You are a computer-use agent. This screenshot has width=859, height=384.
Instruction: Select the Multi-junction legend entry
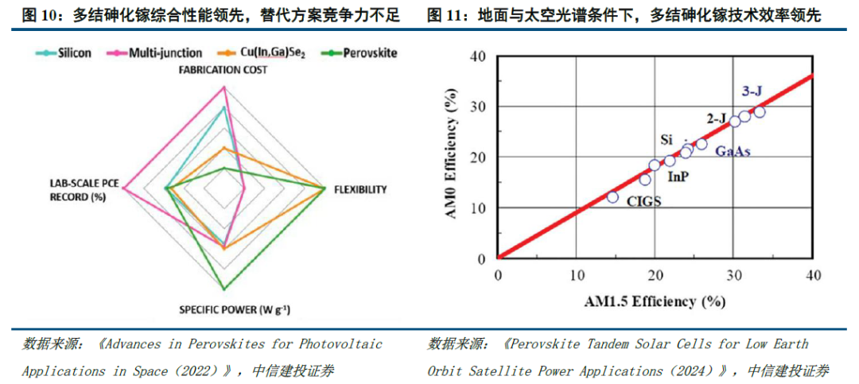click(x=159, y=53)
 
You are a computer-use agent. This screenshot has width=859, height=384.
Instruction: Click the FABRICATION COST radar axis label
click(x=223, y=70)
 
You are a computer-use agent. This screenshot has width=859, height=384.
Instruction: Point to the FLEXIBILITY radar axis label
click(x=360, y=189)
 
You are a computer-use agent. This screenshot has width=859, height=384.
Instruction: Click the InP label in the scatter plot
click(x=677, y=176)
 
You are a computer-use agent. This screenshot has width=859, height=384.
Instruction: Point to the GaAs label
click(x=733, y=151)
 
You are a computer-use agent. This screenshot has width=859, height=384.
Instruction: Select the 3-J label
click(x=752, y=91)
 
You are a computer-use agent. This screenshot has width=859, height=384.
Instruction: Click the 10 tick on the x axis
click(x=576, y=274)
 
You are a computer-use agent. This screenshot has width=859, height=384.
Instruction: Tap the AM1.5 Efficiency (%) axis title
click(x=655, y=301)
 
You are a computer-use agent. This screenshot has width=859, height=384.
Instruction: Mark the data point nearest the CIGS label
click(x=612, y=196)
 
